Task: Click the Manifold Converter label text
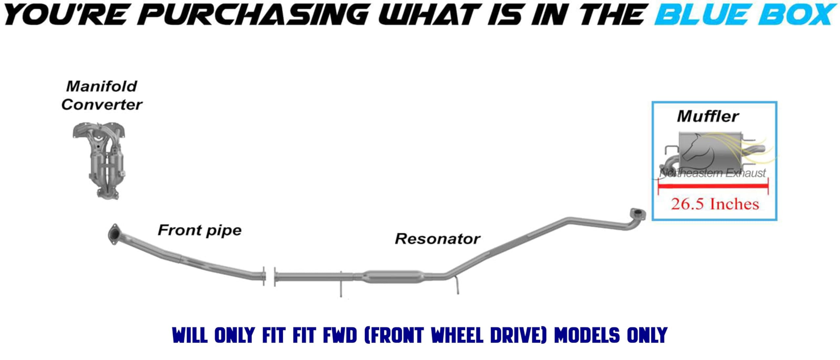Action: click(x=102, y=95)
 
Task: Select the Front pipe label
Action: click(x=199, y=230)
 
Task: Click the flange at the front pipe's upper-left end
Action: click(x=114, y=234)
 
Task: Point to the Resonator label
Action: click(x=437, y=239)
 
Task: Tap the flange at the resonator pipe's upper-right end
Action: click(x=638, y=214)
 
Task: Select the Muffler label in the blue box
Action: click(x=708, y=116)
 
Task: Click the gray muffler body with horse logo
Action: click(x=712, y=151)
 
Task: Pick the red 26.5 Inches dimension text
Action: click(x=715, y=204)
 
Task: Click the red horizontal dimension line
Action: click(x=713, y=186)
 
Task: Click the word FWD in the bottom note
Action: click(x=340, y=335)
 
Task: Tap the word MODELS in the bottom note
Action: click(x=587, y=335)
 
